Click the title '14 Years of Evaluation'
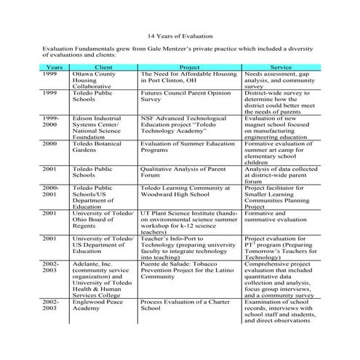point(180,34)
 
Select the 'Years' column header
point(51,67)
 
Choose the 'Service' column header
point(281,67)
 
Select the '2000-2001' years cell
point(50,193)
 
